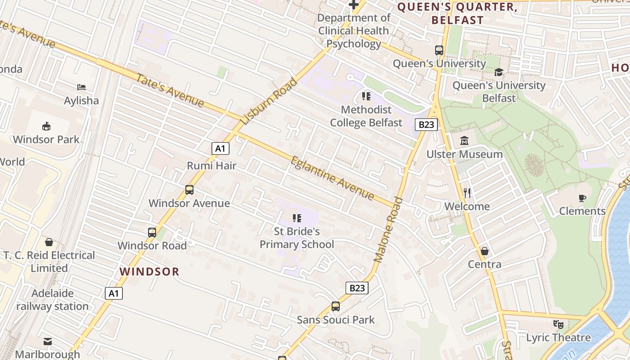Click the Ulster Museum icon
click(x=464, y=141)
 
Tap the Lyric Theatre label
click(x=558, y=337)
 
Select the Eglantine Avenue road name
click(x=333, y=178)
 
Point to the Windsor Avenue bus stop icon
click(x=189, y=190)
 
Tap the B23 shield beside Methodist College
click(x=425, y=125)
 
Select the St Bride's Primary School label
click(x=297, y=238)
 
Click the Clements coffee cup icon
click(x=582, y=198)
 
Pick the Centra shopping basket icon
click(x=484, y=251)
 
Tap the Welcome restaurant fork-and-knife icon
click(x=467, y=193)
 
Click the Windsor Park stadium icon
click(x=46, y=126)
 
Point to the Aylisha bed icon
click(x=81, y=87)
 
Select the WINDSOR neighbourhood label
click(x=149, y=271)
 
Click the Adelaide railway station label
click(x=53, y=300)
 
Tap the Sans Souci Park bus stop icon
click(x=335, y=306)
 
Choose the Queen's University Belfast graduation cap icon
click(x=499, y=72)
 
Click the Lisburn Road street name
click(x=269, y=101)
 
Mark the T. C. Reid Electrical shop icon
click(x=49, y=242)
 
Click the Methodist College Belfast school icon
click(x=366, y=96)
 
